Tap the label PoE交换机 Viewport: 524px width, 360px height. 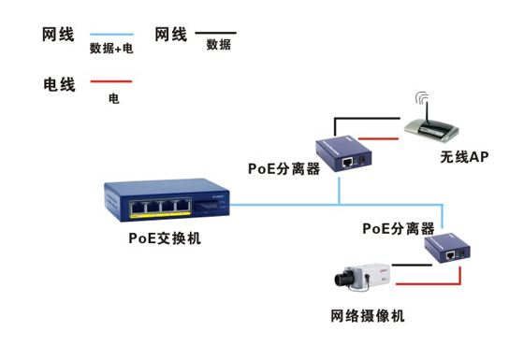(x=165, y=238)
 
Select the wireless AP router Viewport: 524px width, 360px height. (x=441, y=125)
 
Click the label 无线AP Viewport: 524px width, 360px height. (x=464, y=156)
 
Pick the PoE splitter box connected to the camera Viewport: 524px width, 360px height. (x=447, y=249)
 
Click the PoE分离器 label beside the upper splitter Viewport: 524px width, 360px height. (x=284, y=168)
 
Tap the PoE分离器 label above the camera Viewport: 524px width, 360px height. (x=398, y=227)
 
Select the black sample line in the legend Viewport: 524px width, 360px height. (x=214, y=33)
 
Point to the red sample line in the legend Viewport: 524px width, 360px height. (x=109, y=82)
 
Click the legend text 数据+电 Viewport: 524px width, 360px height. (x=110, y=49)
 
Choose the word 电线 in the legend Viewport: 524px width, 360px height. (x=60, y=83)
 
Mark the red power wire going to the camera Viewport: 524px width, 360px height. (x=430, y=280)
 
